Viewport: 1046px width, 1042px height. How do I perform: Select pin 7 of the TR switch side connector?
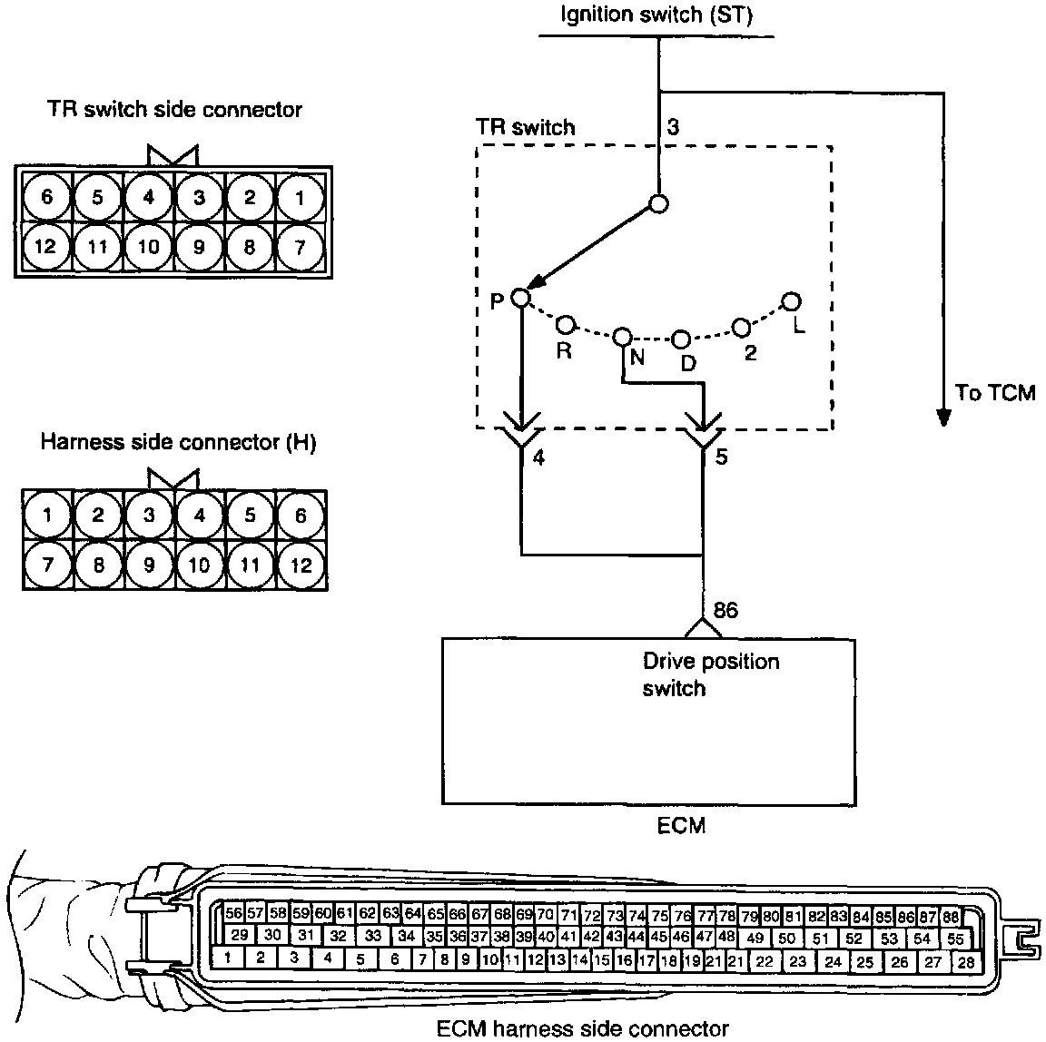point(299,246)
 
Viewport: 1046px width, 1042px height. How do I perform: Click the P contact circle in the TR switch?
point(520,297)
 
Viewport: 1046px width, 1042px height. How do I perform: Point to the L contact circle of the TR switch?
point(791,300)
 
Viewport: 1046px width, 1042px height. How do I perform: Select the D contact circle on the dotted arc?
point(681,339)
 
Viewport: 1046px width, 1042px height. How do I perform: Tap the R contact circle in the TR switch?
point(565,324)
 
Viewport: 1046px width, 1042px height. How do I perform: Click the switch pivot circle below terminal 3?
point(659,203)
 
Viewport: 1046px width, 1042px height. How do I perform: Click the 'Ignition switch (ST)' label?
point(656,15)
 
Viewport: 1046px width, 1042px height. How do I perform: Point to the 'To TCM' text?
point(995,394)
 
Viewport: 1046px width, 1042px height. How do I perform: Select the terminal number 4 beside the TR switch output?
point(538,458)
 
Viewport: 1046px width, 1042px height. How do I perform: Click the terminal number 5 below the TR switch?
point(721,458)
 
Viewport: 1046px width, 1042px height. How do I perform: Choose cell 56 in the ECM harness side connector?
point(233,914)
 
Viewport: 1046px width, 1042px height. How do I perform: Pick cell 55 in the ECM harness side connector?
point(954,939)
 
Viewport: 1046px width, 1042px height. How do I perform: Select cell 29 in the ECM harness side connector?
point(240,936)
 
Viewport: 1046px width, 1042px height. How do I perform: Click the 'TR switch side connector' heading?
point(174,110)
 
